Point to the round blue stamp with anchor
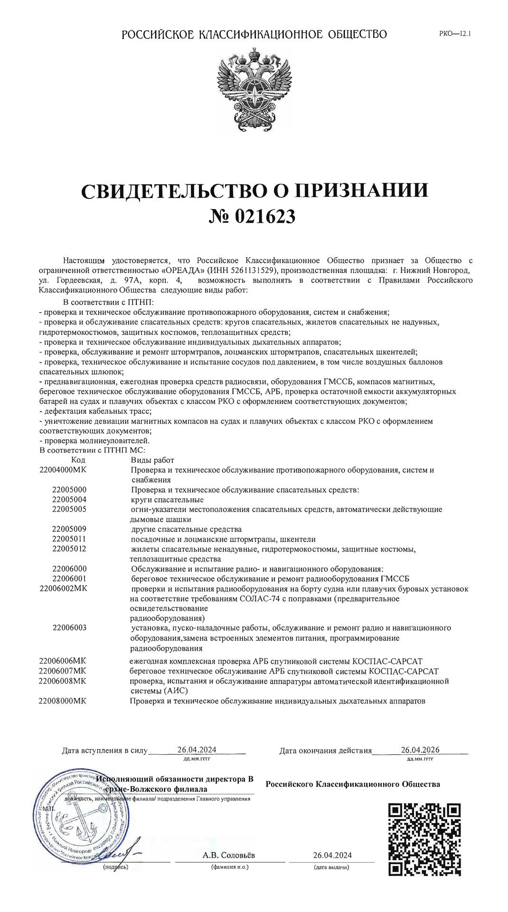(83, 819)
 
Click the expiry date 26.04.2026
(420, 750)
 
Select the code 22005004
(69, 499)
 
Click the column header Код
(78, 460)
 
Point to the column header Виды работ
(152, 460)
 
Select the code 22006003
(69, 627)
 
